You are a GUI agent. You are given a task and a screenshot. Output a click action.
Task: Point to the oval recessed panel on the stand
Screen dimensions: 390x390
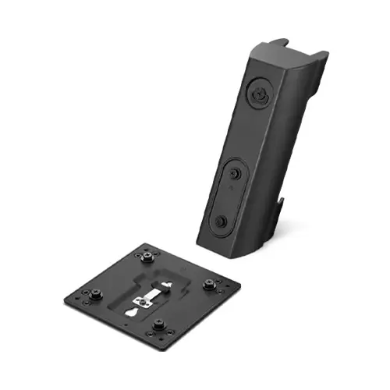(229, 194)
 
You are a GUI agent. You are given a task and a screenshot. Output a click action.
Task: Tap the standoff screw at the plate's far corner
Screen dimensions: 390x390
(147, 256)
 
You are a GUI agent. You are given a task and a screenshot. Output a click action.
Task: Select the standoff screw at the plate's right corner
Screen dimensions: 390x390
(210, 285)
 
